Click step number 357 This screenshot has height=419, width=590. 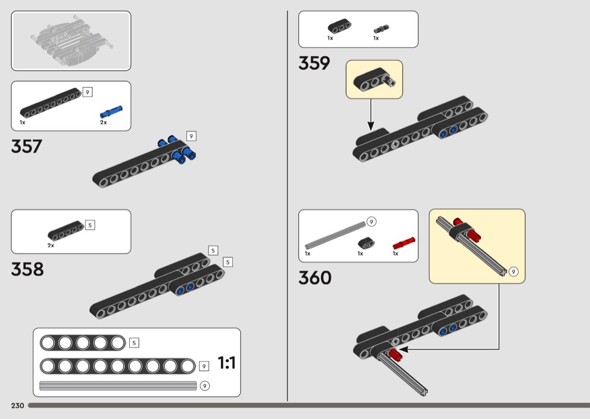pos(26,146)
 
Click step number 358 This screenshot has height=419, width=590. pos(27,269)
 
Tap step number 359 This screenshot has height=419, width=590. pos(314,63)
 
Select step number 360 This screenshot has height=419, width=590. pos(315,278)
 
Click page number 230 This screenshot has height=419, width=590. pos(17,406)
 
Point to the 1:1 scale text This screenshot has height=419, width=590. pos(226,363)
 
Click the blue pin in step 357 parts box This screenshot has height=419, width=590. pos(111,112)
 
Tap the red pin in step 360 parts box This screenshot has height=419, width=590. pos(404,243)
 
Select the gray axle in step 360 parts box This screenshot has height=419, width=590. pos(335,235)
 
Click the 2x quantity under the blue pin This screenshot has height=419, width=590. pos(103,122)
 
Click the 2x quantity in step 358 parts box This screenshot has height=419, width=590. pos(51,245)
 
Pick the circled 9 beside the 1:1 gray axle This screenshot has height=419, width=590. pos(205,386)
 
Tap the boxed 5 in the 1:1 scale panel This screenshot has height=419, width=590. pos(134,343)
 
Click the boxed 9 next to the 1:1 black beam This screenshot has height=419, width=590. pos(203,366)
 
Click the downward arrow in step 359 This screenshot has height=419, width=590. pos(371,115)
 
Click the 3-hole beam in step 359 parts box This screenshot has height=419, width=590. pos(339,26)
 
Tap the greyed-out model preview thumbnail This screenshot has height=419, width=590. pos(71,40)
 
